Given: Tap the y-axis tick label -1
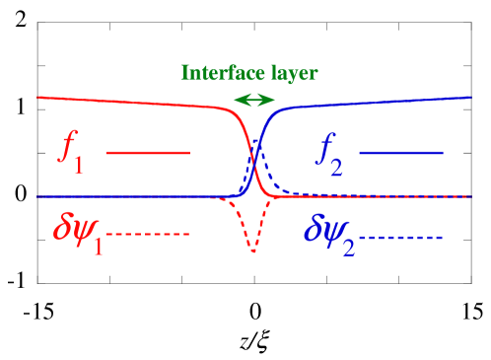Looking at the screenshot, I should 17,283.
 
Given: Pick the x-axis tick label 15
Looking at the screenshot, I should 470,312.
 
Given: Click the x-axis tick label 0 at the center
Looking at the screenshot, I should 254,312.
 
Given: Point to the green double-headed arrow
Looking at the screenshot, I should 254,100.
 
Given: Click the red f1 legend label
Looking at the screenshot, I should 71,155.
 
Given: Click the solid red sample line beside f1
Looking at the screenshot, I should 148,153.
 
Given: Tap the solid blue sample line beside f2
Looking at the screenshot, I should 402,153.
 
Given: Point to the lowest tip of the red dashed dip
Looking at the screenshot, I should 253,253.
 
